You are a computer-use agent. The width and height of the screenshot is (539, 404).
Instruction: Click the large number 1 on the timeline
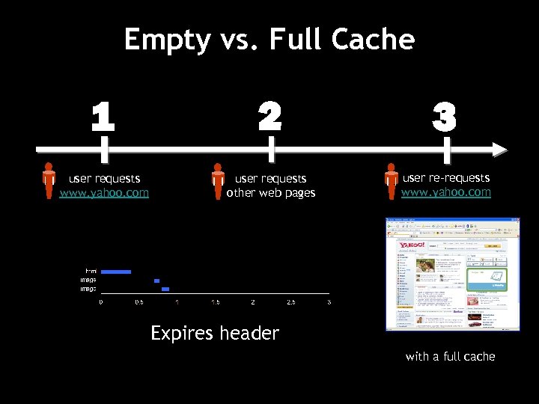(103, 117)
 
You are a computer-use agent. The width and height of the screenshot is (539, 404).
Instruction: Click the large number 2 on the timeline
(270, 116)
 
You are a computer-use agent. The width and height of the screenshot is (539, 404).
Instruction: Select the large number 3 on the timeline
(445, 117)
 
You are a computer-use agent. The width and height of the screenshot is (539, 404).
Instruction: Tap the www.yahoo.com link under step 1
(104, 193)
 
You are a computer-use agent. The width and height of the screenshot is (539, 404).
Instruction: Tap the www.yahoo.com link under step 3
(446, 192)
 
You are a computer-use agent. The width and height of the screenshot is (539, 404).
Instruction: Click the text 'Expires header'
(215, 333)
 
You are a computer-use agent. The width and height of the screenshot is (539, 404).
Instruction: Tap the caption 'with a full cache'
(450, 356)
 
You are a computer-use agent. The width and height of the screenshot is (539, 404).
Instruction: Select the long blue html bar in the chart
(116, 272)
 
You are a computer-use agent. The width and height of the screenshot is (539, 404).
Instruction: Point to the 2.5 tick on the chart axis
(290, 302)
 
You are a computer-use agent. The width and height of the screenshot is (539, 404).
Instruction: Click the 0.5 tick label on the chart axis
(139, 302)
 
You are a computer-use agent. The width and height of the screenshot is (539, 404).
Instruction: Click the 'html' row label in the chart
(91, 271)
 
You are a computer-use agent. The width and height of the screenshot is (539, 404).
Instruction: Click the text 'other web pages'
(271, 193)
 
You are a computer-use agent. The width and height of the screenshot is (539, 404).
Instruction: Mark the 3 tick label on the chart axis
(329, 302)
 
